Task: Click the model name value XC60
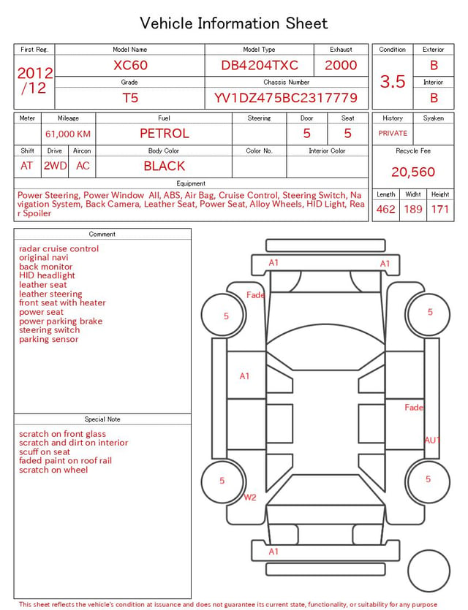point(130,65)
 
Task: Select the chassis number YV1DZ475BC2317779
point(286,98)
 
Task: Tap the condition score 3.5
point(393,81)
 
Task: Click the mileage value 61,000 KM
point(68,134)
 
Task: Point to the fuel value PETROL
point(165,134)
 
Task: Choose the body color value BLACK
point(165,166)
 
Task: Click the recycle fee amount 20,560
point(413,172)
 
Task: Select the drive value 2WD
point(55,166)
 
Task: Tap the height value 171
point(440,209)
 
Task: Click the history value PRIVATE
point(393,133)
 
